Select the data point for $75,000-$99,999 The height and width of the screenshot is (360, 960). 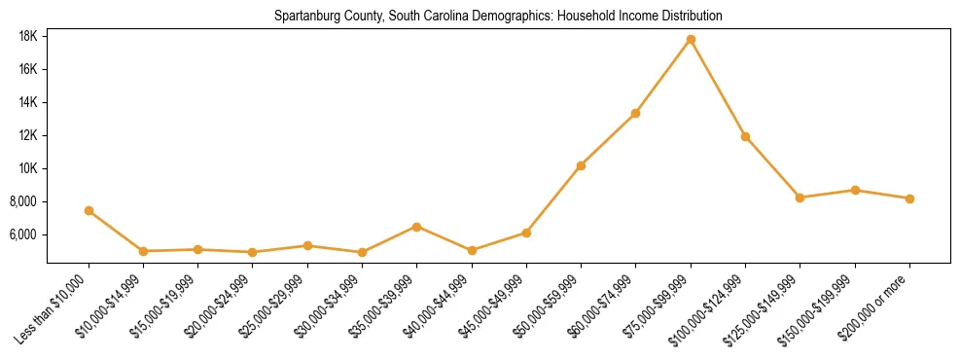pyautogui.click(x=691, y=39)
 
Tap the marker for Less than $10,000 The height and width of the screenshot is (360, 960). pyautogui.click(x=89, y=210)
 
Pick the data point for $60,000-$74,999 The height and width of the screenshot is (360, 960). pyautogui.click(x=635, y=113)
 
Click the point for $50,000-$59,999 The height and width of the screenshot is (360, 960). pyautogui.click(x=581, y=165)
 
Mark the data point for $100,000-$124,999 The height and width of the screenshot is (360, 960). pyautogui.click(x=745, y=136)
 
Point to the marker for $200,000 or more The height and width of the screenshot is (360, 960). pyautogui.click(x=909, y=198)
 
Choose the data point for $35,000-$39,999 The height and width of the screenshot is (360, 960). pyautogui.click(x=416, y=227)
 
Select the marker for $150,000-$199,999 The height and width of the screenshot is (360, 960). pyautogui.click(x=855, y=190)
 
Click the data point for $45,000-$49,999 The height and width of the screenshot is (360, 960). pyautogui.click(x=526, y=233)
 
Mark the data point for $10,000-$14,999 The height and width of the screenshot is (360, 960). pyautogui.click(x=143, y=251)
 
